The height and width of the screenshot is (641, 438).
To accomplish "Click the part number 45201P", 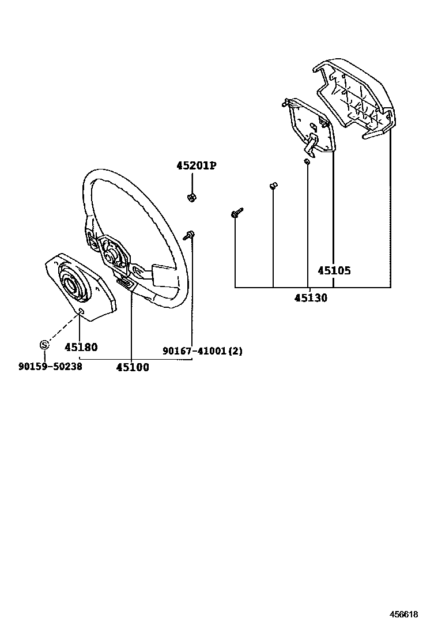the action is click(196, 166).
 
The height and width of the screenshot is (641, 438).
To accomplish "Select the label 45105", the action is click(334, 270).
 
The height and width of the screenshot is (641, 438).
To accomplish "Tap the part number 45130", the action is click(311, 298).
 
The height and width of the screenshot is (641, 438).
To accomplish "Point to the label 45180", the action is click(81, 347).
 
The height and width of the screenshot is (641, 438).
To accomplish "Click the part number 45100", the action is click(132, 367).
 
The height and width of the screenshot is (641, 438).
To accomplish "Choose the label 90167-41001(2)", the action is click(202, 350).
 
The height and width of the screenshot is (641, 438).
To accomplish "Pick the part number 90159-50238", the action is click(50, 365).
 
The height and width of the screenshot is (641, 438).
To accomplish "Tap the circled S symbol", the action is click(44, 345).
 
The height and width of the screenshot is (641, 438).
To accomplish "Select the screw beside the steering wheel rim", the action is click(190, 234).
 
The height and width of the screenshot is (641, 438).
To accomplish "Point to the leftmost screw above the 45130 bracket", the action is click(236, 214).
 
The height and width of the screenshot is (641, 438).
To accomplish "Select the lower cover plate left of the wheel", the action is click(81, 285).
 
